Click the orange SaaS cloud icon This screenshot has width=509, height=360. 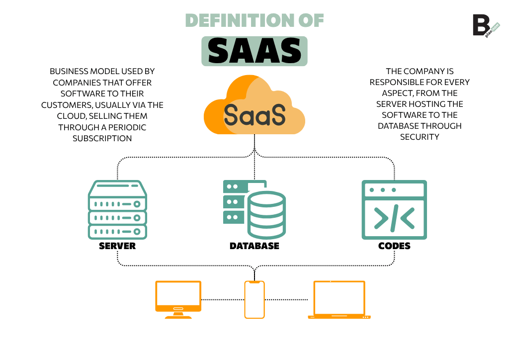(x=254, y=106)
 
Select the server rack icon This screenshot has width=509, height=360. (x=117, y=209)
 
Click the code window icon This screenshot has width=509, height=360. (x=394, y=209)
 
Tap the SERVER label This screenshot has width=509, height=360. (x=117, y=246)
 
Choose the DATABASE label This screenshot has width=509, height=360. (x=254, y=246)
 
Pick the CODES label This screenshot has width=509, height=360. (x=394, y=246)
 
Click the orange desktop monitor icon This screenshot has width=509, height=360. (x=178, y=299)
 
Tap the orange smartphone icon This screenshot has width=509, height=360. (x=254, y=299)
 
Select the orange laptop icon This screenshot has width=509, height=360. (x=339, y=299)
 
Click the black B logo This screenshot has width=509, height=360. (x=480, y=25)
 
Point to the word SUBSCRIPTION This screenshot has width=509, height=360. (x=102, y=138)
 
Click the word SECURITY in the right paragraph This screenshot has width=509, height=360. (x=420, y=137)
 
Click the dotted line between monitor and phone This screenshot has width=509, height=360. (x=223, y=299)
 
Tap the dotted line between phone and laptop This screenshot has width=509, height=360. (x=286, y=299)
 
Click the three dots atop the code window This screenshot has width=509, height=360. (x=383, y=190)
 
